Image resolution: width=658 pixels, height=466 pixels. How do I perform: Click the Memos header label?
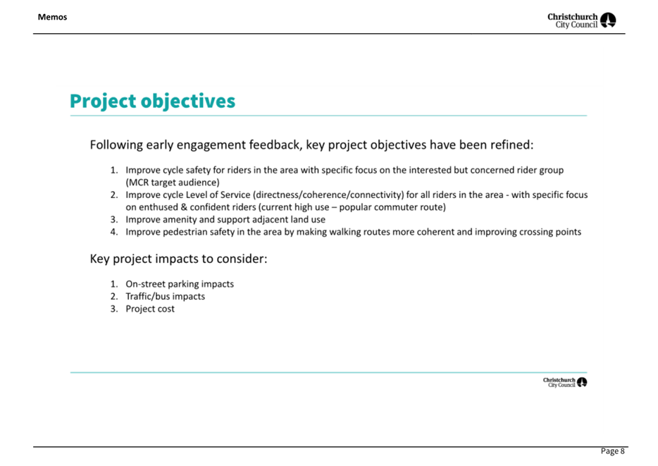point(52,17)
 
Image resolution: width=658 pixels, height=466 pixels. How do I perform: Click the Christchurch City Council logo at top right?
point(582,20)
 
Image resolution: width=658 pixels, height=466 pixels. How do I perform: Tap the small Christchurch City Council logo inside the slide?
point(565,382)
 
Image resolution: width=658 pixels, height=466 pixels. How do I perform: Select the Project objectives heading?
point(152,102)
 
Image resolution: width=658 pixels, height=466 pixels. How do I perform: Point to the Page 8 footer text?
point(613,451)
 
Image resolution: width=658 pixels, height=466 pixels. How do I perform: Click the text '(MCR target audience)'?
point(173,182)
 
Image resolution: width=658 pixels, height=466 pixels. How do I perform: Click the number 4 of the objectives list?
point(113,232)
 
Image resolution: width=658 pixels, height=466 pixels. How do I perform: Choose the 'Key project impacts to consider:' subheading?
point(178,259)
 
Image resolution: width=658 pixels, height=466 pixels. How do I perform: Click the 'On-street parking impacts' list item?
point(180,284)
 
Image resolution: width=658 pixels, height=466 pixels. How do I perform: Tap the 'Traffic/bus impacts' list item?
point(166,296)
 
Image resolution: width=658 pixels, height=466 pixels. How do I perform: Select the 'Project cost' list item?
point(150,309)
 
